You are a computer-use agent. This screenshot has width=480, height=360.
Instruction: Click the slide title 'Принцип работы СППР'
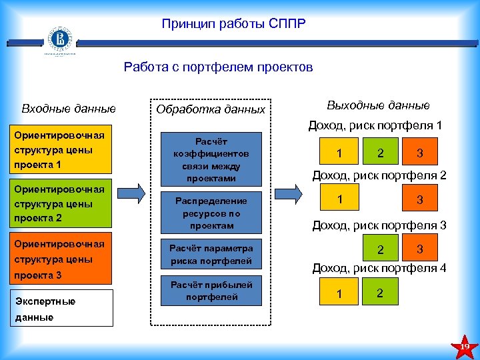(233, 25)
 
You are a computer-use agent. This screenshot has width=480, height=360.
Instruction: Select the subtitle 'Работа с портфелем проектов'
(218, 67)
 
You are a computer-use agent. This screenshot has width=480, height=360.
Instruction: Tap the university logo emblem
(59, 41)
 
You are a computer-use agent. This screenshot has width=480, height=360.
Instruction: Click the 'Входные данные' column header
(69, 108)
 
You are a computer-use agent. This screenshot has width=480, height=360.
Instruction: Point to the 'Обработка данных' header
(211, 109)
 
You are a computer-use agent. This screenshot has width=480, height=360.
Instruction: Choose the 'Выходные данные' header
(378, 105)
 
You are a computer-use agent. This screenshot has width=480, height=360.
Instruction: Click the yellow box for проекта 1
(64, 151)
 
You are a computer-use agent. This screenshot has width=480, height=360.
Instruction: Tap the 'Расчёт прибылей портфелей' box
(211, 291)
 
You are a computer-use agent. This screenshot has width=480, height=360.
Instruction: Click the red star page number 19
(465, 345)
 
